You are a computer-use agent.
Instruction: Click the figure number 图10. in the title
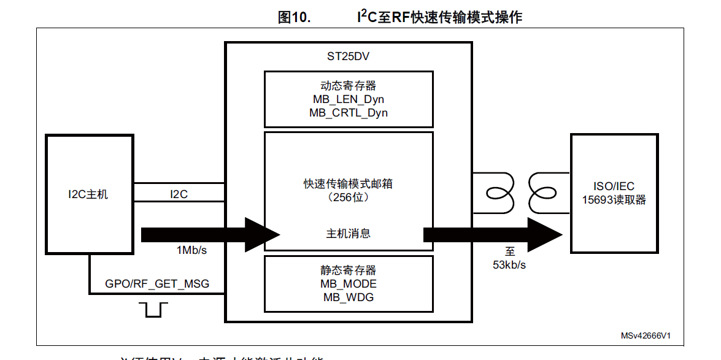click(295, 17)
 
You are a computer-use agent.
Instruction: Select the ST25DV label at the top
click(348, 56)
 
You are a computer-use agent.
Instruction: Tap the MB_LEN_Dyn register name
click(348, 99)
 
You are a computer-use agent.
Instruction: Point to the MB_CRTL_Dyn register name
click(348, 113)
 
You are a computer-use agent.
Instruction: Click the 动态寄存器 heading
click(348, 86)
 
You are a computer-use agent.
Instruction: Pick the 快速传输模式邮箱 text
click(348, 184)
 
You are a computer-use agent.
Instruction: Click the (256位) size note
click(348, 197)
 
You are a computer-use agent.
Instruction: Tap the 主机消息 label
click(348, 234)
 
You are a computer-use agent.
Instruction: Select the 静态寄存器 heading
click(348, 270)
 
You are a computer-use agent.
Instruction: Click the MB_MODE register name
click(348, 284)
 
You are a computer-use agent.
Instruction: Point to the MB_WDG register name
click(348, 297)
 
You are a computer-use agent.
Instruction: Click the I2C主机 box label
click(88, 194)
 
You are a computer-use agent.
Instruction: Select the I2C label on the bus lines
click(179, 194)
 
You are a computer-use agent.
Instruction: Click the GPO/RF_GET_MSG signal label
click(157, 284)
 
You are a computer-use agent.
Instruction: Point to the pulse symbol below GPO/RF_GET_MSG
click(153, 310)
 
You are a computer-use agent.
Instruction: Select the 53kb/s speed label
click(509, 265)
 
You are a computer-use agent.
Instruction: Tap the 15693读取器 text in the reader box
click(614, 201)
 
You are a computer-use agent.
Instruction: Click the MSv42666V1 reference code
click(645, 335)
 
